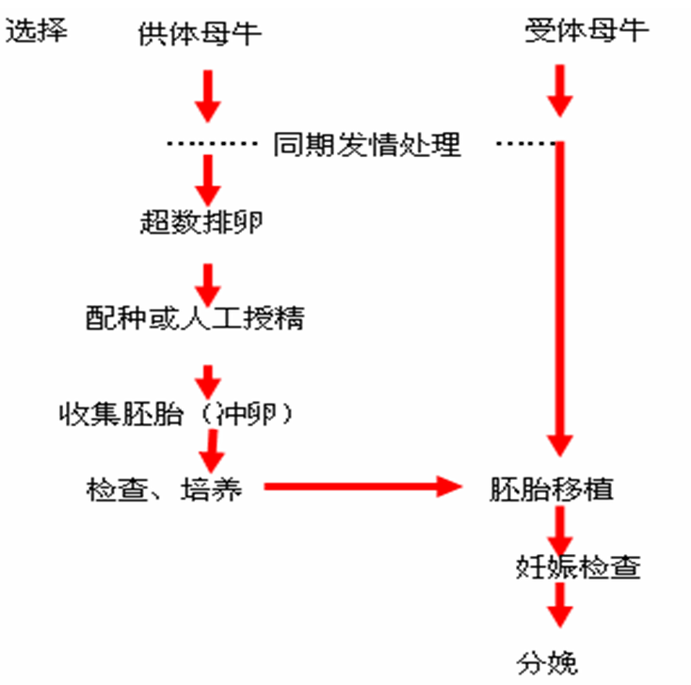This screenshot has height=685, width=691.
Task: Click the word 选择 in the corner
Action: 37,30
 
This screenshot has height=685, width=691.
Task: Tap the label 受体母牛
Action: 587,30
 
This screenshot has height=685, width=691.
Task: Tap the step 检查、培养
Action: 164,490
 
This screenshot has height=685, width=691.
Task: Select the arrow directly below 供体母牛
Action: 207,94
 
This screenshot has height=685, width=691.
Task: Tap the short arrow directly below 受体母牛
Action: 561,90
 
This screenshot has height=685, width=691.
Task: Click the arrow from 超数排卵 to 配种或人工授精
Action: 208,279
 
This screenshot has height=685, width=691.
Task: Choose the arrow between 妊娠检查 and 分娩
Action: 561,606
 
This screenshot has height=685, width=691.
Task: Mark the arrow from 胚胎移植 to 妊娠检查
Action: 561,533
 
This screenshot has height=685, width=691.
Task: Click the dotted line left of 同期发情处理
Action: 213,144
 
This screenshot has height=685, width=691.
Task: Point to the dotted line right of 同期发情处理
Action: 525,144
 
